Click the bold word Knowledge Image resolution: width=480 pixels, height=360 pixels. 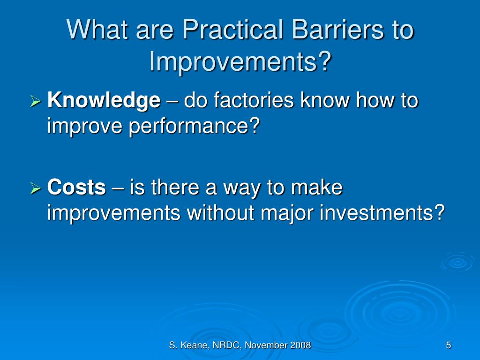[104, 101]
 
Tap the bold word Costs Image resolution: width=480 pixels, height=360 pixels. [76, 187]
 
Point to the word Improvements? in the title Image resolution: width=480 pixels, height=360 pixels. [240, 62]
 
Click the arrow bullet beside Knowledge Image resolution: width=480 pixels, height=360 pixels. [36, 101]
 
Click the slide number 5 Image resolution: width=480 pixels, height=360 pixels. [449, 345]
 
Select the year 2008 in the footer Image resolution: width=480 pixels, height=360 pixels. [300, 345]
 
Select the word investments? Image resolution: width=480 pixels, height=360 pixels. [382, 213]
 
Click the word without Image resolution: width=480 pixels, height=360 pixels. [221, 213]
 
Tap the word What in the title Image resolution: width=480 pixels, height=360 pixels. [97, 30]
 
